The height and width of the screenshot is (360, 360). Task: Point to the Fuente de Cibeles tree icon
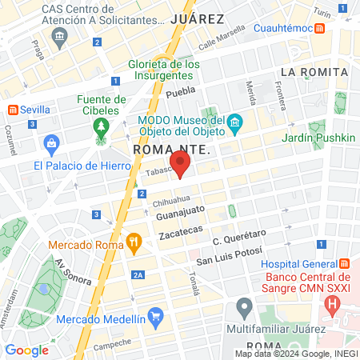tap(101, 127)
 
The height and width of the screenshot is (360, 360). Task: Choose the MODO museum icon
tap(234, 122)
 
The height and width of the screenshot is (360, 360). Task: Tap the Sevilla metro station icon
tap(12, 110)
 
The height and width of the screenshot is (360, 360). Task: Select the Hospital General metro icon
tap(344, 264)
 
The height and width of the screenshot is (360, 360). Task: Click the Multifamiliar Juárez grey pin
tap(245, 308)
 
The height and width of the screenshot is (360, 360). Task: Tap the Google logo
tap(26, 350)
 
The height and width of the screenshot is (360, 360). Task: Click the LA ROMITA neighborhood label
tap(314, 72)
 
